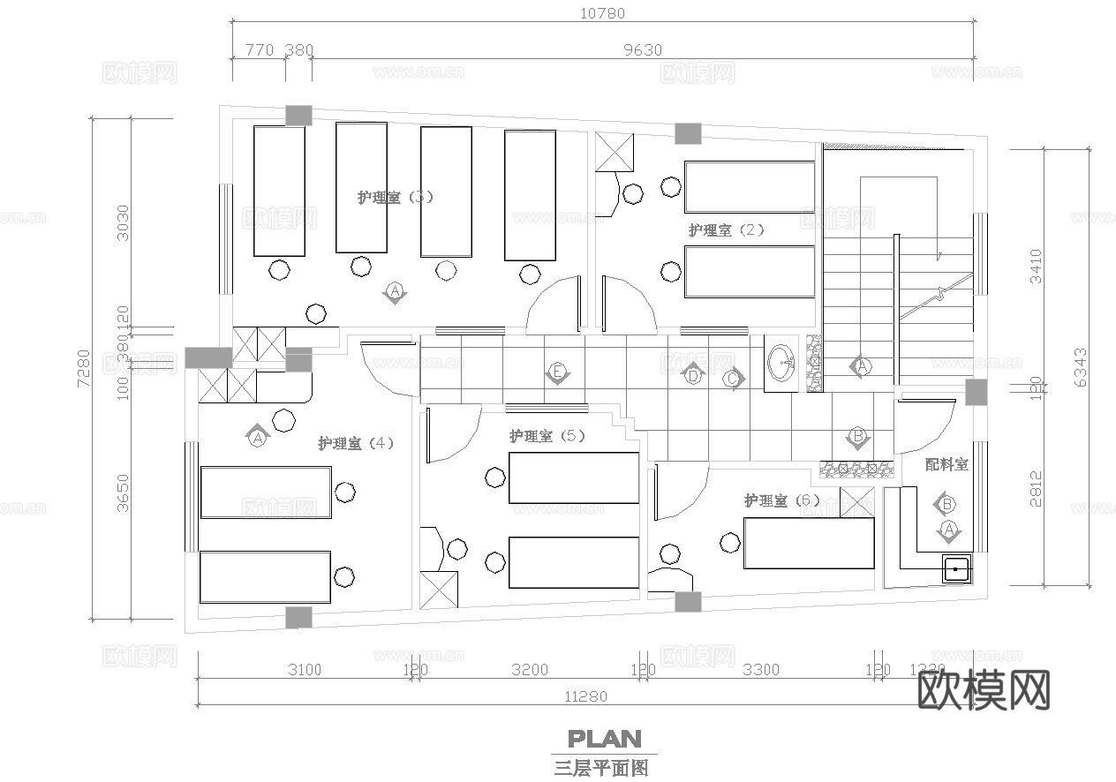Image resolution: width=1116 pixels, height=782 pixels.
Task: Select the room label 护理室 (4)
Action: [x=356, y=443]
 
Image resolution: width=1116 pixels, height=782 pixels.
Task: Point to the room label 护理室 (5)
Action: [x=547, y=436]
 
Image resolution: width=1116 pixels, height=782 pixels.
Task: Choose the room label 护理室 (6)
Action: [x=781, y=500]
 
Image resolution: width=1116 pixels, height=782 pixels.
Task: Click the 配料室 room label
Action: [x=946, y=464]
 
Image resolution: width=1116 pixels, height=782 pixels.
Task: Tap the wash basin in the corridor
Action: [x=781, y=362]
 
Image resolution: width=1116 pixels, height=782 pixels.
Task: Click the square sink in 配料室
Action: [x=955, y=570]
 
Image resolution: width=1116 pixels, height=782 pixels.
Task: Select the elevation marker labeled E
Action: [x=556, y=373]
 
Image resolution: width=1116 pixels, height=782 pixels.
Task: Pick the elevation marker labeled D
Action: [x=693, y=375]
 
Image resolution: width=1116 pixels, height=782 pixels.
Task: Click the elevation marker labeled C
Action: [x=732, y=379]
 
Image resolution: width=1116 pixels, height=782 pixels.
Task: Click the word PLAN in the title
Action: [x=604, y=738]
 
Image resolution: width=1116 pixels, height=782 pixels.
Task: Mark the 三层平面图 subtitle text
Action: [x=600, y=767]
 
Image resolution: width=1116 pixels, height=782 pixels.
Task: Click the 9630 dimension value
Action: [x=642, y=50]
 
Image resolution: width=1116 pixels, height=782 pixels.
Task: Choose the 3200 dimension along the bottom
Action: [x=529, y=670]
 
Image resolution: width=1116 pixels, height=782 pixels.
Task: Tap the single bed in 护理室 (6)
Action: [x=809, y=543]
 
